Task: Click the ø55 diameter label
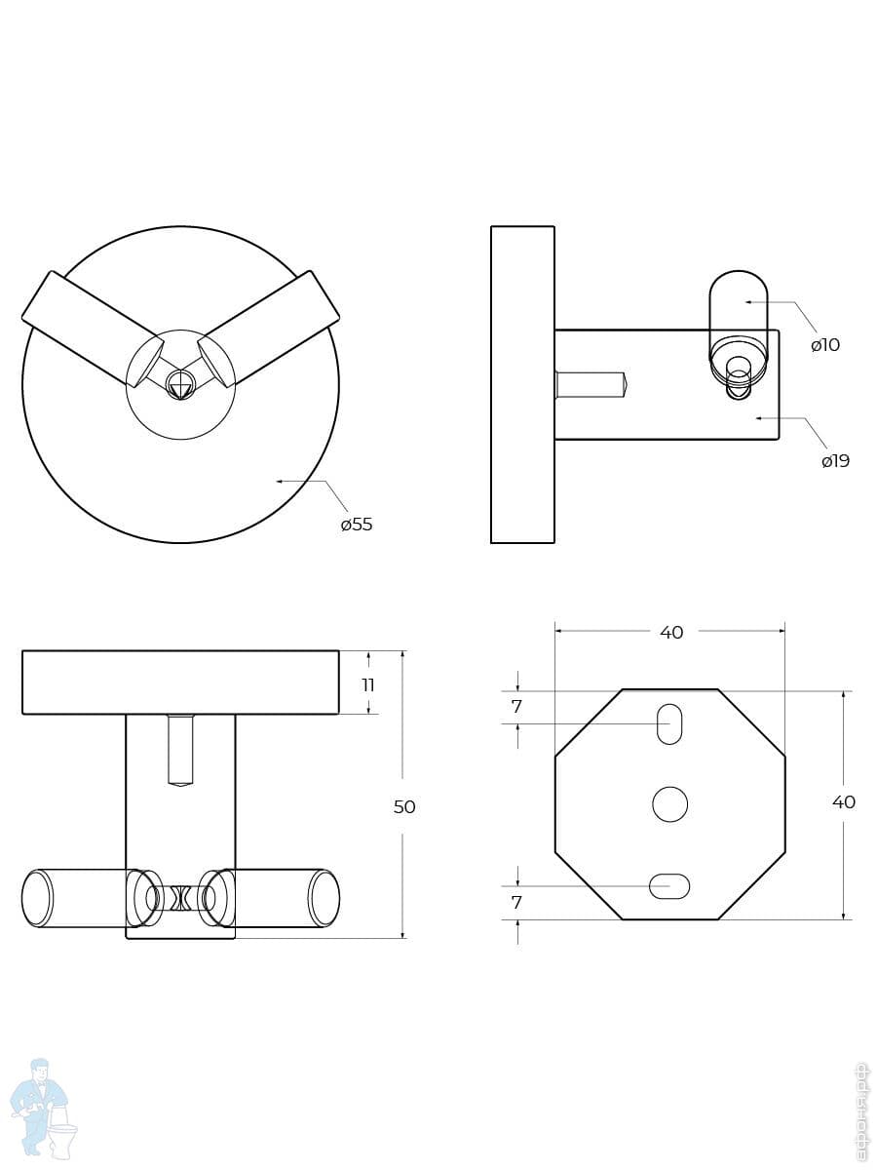pos(357,525)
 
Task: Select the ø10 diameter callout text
pos(825,345)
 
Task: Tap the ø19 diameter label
pos(835,461)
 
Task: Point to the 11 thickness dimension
pos(368,685)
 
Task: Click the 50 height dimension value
pos(404,807)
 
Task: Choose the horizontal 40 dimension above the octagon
pos(671,633)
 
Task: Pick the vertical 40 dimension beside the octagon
pos(844,802)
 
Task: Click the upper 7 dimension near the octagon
pos(516,707)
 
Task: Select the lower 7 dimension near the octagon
pos(516,903)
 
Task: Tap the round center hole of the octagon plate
pos(669,804)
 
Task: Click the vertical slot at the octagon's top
pos(669,724)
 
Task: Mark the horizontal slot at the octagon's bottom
pos(669,886)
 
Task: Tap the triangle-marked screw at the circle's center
pos(180,385)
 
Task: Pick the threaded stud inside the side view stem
pos(591,384)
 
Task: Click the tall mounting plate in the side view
pos(522,384)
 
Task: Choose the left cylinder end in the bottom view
pos(36,898)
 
